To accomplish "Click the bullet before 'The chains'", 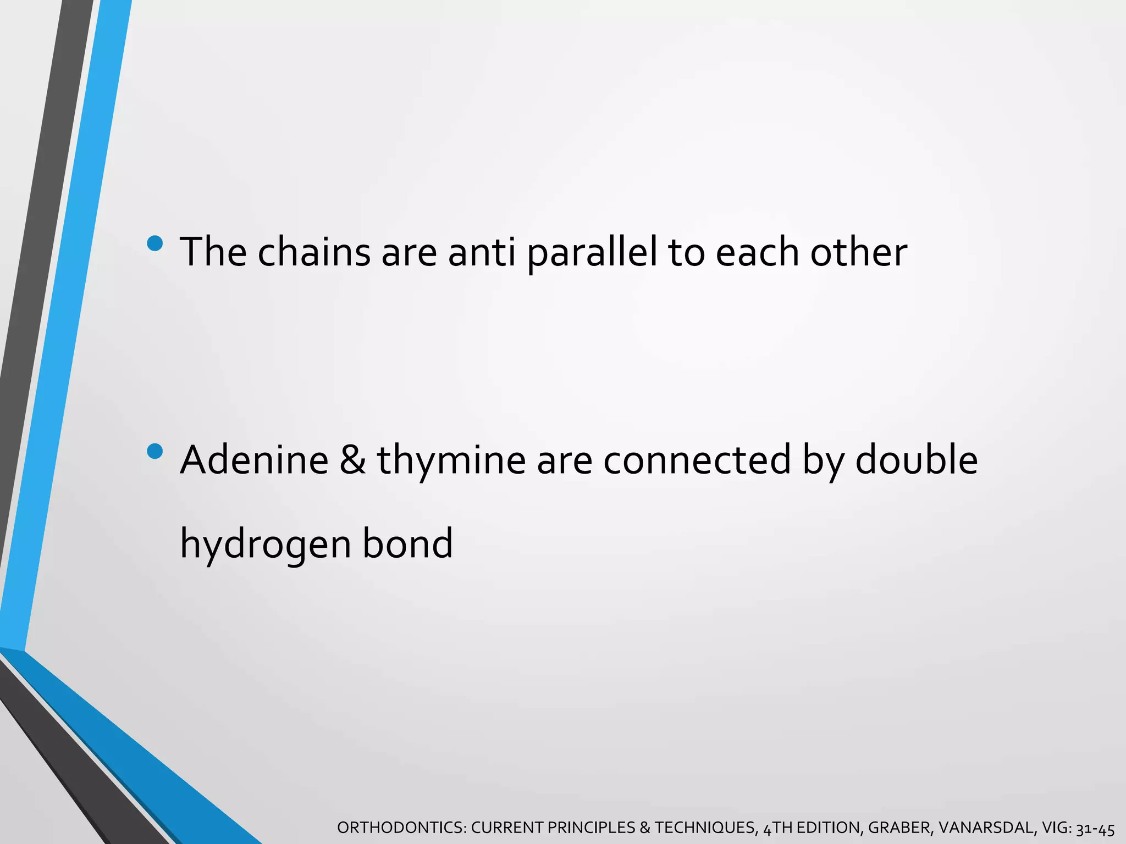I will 155,243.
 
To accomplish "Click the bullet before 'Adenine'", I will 155,451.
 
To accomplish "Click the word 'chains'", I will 314,252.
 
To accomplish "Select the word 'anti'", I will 482,252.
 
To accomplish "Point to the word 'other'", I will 859,252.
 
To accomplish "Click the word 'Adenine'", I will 255,460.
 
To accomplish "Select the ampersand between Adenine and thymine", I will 352,460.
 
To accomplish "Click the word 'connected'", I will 697,460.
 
